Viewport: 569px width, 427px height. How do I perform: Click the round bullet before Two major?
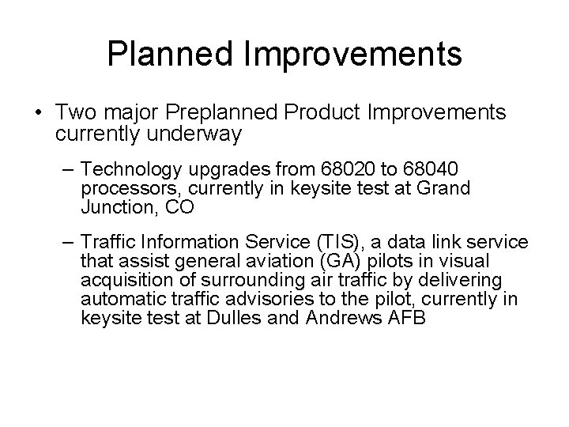(39, 113)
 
